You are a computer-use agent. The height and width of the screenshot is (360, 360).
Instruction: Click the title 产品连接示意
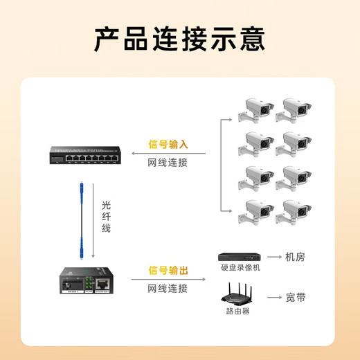179,39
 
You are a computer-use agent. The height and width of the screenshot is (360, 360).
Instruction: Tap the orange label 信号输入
168,145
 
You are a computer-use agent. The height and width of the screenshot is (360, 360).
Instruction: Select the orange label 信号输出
168,271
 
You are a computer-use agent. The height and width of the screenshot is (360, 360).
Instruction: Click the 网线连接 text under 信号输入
168,163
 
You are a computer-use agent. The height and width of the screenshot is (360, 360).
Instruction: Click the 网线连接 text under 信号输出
168,289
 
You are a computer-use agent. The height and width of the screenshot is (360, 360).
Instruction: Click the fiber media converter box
85,281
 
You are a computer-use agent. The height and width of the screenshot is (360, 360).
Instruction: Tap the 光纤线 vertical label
106,216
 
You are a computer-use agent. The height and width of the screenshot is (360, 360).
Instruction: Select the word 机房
295,257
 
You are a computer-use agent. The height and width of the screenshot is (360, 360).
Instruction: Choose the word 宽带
295,298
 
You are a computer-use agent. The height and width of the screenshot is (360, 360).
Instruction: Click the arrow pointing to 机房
273,257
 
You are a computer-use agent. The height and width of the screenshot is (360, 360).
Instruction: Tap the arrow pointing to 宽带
273,298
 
